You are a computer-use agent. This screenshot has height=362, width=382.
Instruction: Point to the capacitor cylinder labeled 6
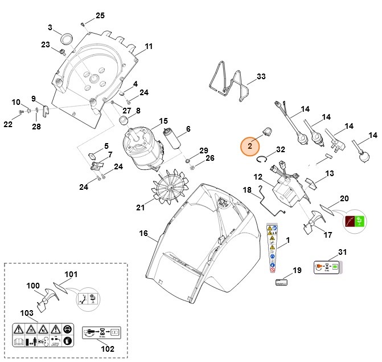click(x=172, y=138)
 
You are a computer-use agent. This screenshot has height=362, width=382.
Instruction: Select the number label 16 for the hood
click(x=143, y=233)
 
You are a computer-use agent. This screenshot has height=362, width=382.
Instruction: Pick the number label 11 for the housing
click(x=149, y=46)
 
